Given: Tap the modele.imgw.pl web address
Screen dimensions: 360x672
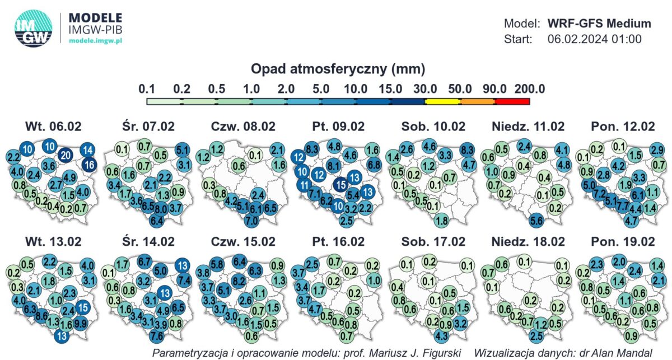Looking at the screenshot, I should pyautogui.click(x=97, y=41).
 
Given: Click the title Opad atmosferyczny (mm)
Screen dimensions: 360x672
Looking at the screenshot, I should pyautogui.click(x=338, y=69).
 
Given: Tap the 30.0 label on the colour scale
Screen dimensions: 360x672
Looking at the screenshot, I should pyautogui.click(x=426, y=89).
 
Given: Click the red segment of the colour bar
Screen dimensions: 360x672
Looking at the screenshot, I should pyautogui.click(x=512, y=101).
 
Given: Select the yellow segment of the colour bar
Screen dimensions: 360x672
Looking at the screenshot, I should pyautogui.click(x=442, y=101).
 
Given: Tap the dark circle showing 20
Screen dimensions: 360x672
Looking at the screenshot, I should pyautogui.click(x=65, y=155).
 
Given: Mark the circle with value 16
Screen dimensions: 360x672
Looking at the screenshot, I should pyautogui.click(x=88, y=165).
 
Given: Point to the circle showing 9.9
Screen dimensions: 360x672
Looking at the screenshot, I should pyautogui.click(x=81, y=322).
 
